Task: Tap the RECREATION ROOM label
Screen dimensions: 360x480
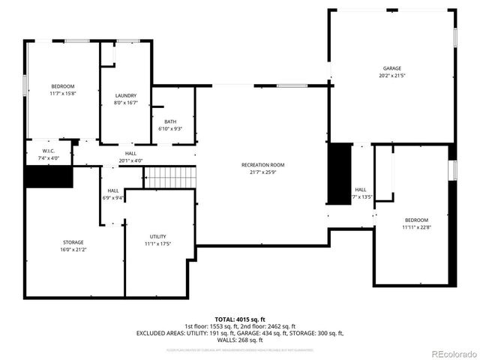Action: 262,164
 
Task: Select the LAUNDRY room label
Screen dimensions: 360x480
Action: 125,95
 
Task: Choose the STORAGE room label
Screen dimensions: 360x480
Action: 73,241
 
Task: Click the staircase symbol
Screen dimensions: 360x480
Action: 169,177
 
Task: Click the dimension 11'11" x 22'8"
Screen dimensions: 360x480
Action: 416,227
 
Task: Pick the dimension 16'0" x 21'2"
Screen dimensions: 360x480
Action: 73,249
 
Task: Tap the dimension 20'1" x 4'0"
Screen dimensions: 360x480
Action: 130,160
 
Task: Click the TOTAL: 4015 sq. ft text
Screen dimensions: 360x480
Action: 240,319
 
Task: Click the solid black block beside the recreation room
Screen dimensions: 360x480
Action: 340,172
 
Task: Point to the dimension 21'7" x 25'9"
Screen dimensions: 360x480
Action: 262,172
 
